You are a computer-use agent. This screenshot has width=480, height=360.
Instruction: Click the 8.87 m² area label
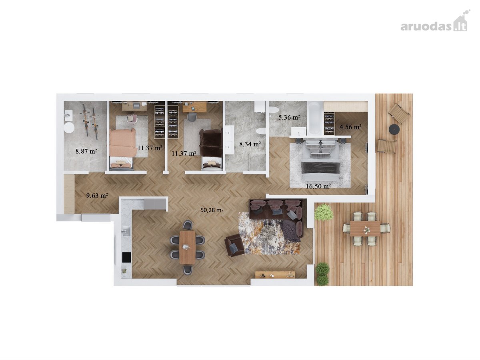(x=86, y=151)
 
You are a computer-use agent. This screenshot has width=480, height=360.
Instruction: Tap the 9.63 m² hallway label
(x=97, y=196)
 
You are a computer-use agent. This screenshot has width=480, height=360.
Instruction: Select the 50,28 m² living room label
(x=212, y=210)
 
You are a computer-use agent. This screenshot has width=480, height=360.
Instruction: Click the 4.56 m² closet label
(x=350, y=127)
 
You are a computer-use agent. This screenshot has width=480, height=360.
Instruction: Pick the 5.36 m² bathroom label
(x=289, y=117)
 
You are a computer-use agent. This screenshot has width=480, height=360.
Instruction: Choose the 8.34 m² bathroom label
(x=250, y=144)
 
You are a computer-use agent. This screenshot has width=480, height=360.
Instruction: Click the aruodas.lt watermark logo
(x=434, y=24)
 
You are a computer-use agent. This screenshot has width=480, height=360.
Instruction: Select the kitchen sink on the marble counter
(x=126, y=232)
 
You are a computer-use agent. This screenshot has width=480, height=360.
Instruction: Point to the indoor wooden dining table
(x=188, y=248)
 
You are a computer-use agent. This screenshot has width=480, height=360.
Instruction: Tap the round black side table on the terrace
(x=394, y=129)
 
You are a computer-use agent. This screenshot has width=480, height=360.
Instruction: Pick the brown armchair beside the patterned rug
(x=234, y=244)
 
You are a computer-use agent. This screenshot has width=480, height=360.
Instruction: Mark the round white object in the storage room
(x=69, y=128)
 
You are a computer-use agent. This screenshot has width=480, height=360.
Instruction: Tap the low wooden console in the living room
(x=275, y=274)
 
